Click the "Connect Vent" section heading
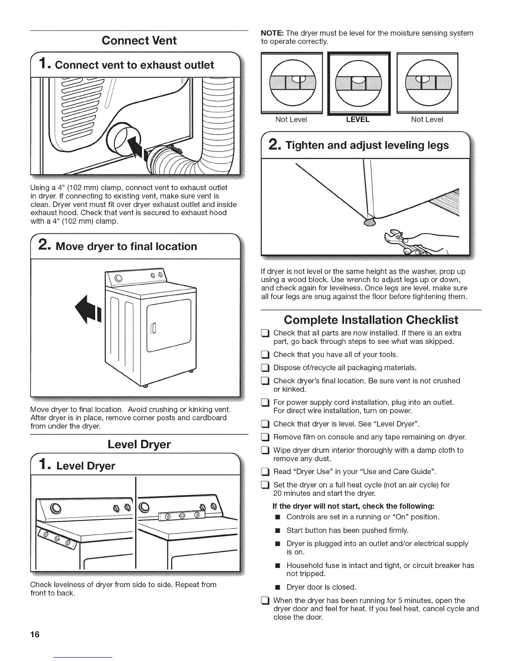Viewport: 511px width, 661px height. coord(139,40)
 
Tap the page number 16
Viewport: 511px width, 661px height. coord(35,635)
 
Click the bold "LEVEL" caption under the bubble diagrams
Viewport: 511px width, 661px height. coord(358,120)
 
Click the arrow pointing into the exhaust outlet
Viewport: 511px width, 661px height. coord(138,147)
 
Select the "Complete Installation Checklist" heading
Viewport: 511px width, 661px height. coord(371,320)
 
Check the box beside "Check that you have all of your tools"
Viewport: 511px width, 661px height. coord(264,355)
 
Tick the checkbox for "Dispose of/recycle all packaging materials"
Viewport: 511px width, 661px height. coord(264,368)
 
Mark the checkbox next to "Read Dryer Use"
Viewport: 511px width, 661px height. coord(264,472)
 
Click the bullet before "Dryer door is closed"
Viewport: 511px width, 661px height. coord(276,588)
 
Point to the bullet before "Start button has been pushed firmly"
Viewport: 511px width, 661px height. coord(276,531)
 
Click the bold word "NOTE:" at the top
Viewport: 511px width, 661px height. coord(272,33)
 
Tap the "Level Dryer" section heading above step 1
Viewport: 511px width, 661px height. coord(139,444)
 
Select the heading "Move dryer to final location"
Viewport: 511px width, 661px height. coord(126,246)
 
